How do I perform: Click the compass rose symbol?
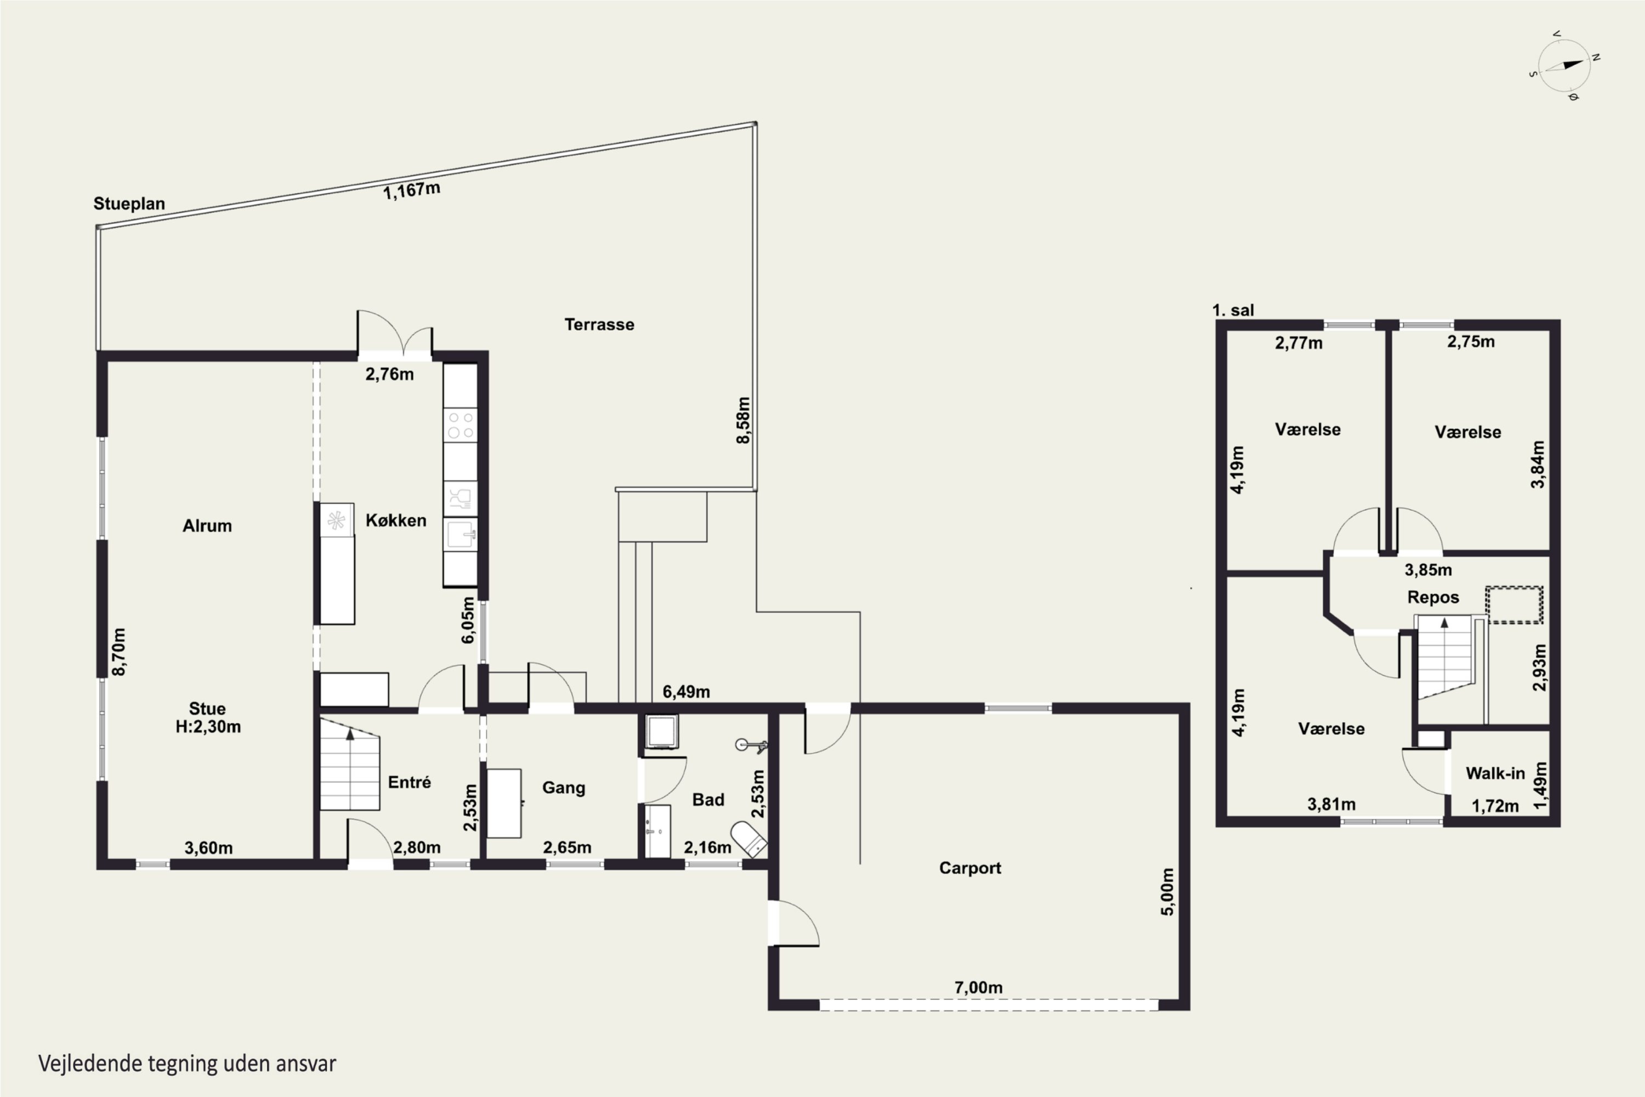(1564, 66)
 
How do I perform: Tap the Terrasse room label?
(599, 325)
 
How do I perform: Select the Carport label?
(970, 868)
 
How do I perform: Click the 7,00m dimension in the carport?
(978, 987)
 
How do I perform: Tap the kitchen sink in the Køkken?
(461, 534)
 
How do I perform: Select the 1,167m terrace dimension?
(411, 190)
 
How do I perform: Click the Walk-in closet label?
(1495, 773)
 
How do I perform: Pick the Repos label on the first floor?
(1433, 597)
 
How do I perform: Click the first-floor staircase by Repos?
(1445, 657)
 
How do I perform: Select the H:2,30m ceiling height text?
(208, 727)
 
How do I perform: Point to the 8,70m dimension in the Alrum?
(119, 652)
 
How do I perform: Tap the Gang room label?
(564, 788)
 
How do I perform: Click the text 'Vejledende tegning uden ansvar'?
(187, 1064)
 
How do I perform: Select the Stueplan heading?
(129, 203)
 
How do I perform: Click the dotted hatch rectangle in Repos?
(1514, 604)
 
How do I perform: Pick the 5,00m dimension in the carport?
(1167, 892)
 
